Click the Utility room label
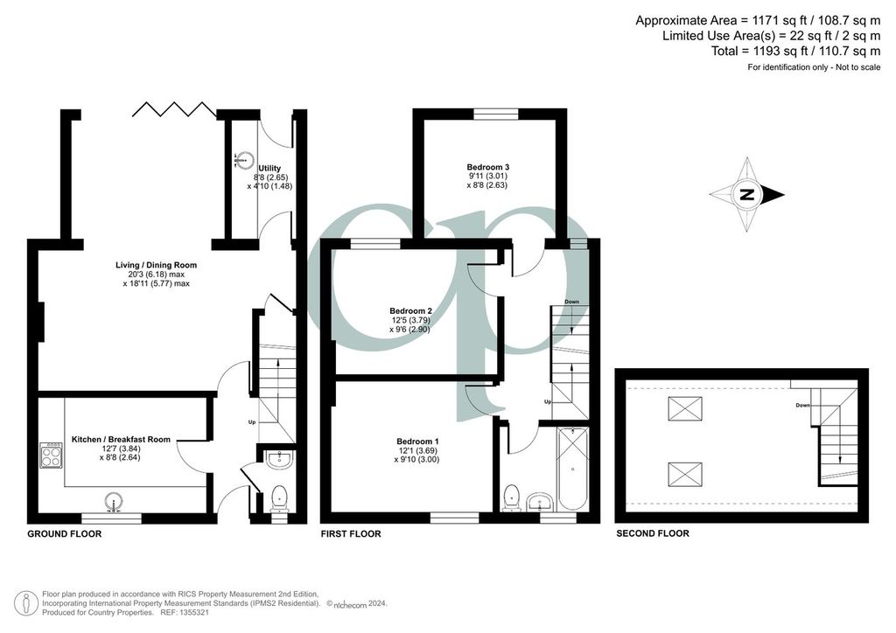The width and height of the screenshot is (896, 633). (269, 169)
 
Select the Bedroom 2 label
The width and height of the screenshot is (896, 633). (410, 311)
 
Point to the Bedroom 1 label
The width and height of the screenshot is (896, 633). (417, 442)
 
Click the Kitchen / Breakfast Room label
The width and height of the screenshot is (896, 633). (121, 440)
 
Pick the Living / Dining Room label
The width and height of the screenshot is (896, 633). (156, 265)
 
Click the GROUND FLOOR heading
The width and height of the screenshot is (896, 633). (65, 534)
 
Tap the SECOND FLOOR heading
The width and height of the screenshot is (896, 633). (653, 533)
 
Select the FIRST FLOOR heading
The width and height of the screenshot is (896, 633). (351, 534)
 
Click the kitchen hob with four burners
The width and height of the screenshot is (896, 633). (51, 456)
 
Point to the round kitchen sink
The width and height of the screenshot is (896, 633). (115, 502)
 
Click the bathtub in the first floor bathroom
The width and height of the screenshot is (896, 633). (572, 468)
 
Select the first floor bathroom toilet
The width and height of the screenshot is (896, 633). (511, 497)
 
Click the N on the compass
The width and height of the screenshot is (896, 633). (745, 195)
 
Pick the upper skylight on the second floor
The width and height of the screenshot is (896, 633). (685, 408)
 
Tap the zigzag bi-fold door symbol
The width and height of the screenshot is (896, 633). (174, 109)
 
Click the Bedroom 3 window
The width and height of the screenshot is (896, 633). (496, 114)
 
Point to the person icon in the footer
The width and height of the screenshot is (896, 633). (25, 604)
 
